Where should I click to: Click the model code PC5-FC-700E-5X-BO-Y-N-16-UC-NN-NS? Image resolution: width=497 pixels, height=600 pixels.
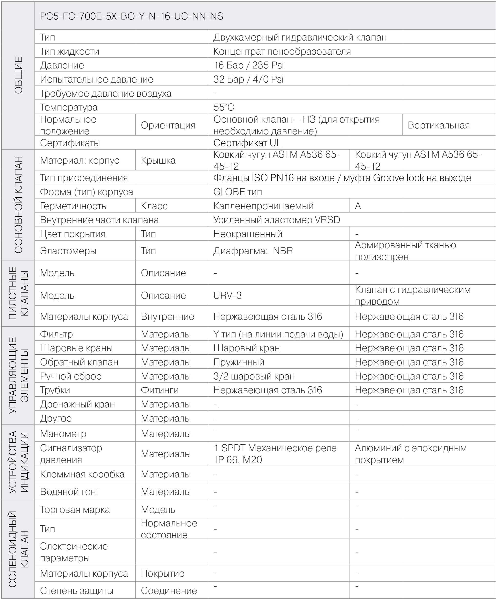[131, 16]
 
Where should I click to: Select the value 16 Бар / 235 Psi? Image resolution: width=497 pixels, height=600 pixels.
[249, 65]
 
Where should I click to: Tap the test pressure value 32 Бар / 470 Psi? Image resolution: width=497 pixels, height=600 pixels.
[248, 79]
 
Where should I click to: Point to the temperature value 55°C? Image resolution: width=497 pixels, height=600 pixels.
[224, 107]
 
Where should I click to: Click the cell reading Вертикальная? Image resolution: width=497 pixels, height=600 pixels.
[439, 125]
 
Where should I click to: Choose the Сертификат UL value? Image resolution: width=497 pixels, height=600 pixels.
[247, 143]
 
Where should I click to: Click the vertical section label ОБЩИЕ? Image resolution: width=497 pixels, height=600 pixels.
[18, 75]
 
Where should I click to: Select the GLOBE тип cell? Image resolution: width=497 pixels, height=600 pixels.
[237, 192]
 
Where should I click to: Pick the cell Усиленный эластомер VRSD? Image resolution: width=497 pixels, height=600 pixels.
[277, 220]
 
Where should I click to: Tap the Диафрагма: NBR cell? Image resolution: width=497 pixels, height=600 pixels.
[253, 251]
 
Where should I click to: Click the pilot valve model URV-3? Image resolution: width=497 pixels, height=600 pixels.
[227, 295]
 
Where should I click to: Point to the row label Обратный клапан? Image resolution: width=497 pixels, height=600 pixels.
[79, 362]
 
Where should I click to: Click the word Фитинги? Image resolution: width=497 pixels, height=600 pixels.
[160, 390]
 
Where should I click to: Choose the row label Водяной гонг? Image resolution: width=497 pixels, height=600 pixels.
[70, 492]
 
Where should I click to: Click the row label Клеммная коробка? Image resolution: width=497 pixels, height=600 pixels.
[82, 474]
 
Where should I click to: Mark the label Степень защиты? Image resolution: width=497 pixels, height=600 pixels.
[77, 591]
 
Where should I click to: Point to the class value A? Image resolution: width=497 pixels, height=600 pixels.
[358, 206]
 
